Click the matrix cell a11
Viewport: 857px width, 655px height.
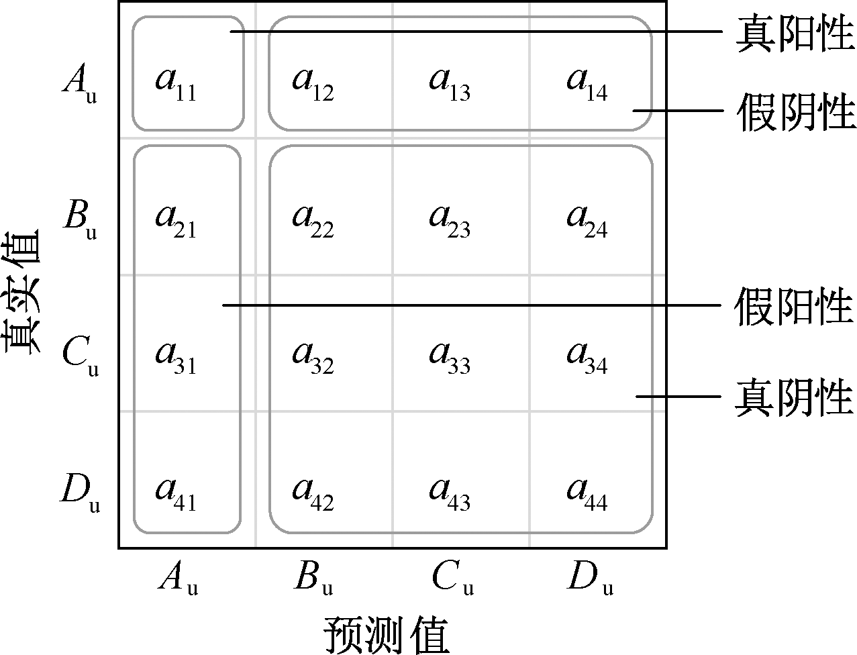(x=176, y=83)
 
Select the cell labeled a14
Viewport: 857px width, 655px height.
(x=587, y=83)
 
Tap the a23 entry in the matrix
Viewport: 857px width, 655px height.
(x=450, y=220)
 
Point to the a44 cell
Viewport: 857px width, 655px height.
(x=587, y=493)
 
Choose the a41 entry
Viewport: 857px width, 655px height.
(x=176, y=493)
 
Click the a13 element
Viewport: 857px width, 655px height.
(x=450, y=83)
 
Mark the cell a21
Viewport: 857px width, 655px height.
(x=176, y=220)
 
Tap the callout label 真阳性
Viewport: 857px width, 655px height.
(x=795, y=34)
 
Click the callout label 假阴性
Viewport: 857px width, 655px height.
(x=795, y=111)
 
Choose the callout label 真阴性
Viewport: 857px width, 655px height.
(x=795, y=397)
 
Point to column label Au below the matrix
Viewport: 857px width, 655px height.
(x=178, y=578)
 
